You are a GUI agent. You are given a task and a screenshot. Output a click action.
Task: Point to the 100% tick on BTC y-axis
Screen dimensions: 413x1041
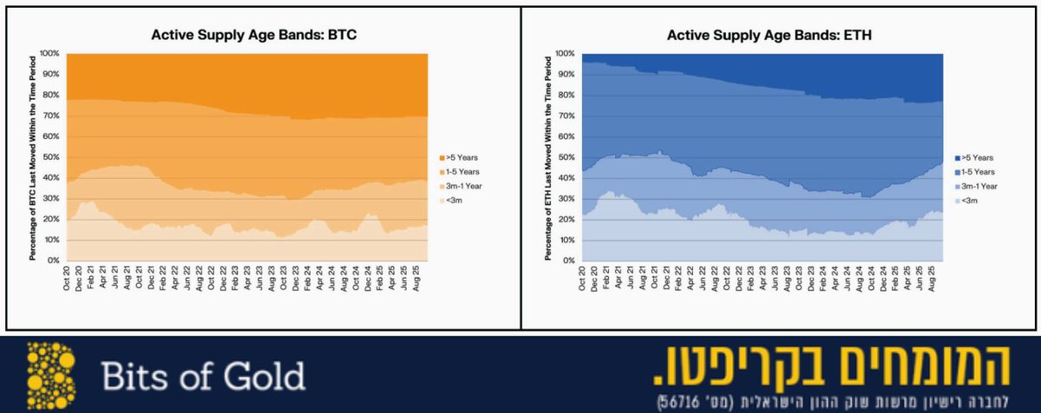pos(49,54)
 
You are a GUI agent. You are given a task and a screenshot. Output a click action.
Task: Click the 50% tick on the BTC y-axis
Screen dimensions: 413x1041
pos(50,157)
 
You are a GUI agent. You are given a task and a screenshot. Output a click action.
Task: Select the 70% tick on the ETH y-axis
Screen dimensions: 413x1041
pos(566,115)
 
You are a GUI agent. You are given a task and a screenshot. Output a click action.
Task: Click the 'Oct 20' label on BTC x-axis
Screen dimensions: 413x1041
pos(68,279)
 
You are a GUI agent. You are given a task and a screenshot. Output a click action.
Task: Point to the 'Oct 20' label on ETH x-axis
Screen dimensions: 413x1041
pos(583,279)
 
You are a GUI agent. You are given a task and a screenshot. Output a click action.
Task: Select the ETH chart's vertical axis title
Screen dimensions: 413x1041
pos(547,157)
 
